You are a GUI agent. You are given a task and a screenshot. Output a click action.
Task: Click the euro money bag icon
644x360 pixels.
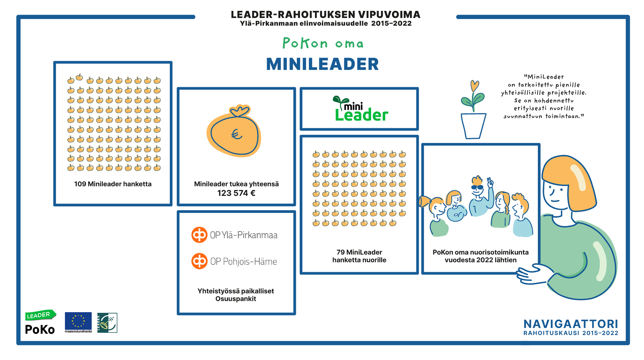click(234, 132)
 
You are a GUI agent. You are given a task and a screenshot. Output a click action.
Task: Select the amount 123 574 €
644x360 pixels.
click(236, 193)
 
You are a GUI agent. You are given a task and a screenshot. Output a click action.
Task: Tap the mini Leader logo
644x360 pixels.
click(360, 109)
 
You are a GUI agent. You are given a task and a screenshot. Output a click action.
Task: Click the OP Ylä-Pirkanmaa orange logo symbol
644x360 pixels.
click(199, 235)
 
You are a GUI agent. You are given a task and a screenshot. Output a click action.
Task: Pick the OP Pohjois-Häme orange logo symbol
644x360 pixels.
click(199, 261)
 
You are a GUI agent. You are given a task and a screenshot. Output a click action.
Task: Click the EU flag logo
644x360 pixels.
click(78, 321)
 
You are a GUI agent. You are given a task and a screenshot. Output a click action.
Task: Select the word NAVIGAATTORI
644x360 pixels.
click(571, 324)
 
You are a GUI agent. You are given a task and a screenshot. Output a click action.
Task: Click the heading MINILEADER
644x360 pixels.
click(322, 64)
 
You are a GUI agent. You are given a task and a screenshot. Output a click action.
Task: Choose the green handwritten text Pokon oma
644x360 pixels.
click(323, 43)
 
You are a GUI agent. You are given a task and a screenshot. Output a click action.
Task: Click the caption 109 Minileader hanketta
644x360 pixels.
click(113, 184)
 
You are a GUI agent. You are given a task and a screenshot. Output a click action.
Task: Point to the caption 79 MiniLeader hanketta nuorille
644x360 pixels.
click(359, 256)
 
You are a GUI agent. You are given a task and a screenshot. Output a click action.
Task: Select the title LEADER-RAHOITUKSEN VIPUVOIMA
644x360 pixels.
click(325, 15)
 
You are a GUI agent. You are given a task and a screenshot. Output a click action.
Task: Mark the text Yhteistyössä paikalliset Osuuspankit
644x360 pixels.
click(236, 295)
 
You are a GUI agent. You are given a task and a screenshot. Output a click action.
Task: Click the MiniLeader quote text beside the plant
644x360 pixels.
click(544, 97)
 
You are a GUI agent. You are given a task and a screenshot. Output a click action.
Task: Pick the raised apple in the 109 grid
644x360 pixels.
click(79, 78)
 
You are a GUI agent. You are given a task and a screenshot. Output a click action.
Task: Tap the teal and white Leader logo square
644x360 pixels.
click(107, 323)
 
